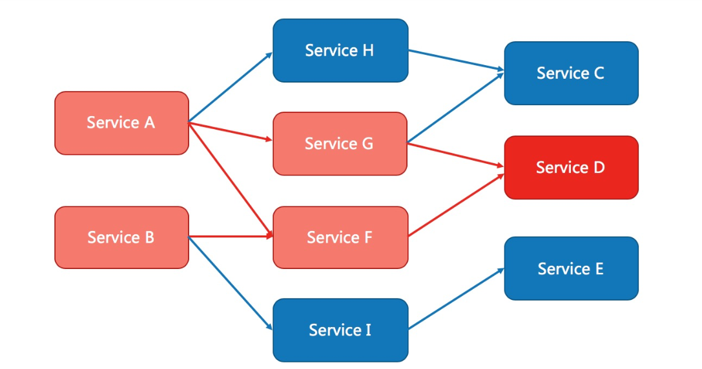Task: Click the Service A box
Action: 122,123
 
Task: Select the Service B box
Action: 122,237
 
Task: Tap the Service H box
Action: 341,50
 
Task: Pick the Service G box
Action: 340,144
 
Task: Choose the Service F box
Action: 341,237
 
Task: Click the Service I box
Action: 341,330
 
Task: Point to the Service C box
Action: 572,74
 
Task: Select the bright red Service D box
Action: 572,168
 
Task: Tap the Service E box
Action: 572,268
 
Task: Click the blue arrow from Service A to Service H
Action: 231,87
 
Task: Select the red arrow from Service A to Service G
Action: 231,132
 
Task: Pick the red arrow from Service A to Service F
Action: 231,179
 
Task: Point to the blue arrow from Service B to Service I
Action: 231,284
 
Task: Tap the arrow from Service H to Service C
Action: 456,61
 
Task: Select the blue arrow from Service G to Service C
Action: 456,107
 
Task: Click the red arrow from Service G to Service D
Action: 456,155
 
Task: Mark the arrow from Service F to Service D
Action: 456,205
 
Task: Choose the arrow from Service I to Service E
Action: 456,299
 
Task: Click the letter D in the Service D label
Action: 599,168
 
